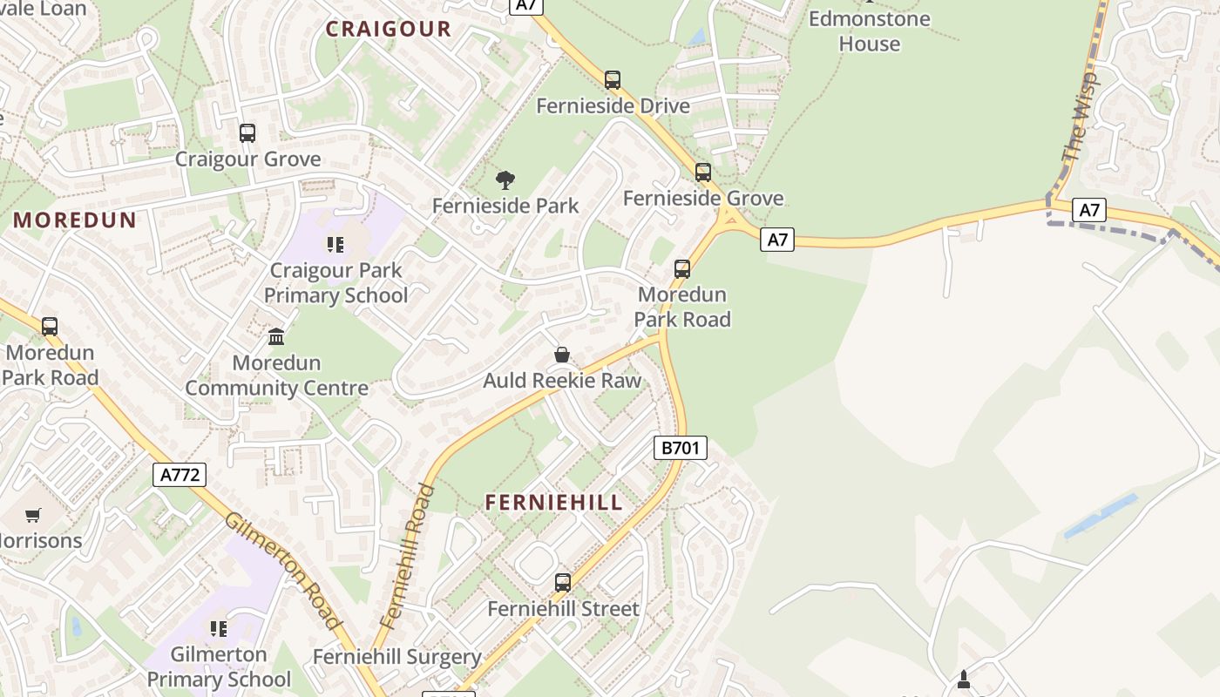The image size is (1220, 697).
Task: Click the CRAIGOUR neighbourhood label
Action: [389, 29]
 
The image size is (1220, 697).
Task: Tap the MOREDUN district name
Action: [75, 220]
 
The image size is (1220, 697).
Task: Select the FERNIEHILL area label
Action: [554, 503]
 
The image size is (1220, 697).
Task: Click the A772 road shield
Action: [180, 475]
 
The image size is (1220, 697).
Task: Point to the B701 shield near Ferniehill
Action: [680, 449]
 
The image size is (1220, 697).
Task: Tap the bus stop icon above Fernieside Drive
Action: [613, 80]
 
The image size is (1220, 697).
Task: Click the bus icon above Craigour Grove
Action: [247, 133]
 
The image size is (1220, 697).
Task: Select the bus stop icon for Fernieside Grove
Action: [703, 173]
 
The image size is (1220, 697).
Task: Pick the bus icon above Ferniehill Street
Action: [563, 582]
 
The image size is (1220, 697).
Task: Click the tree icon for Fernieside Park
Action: [505, 180]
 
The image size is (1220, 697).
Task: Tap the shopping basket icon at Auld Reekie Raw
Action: [562, 355]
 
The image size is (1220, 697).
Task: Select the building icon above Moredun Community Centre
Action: [276, 336]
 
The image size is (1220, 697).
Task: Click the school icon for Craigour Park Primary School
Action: [335, 245]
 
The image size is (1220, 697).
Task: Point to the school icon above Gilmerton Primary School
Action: [219, 628]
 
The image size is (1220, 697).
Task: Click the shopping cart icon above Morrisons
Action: [33, 515]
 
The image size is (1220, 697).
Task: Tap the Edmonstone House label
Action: [869, 30]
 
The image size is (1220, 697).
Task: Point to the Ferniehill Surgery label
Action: [396, 657]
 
